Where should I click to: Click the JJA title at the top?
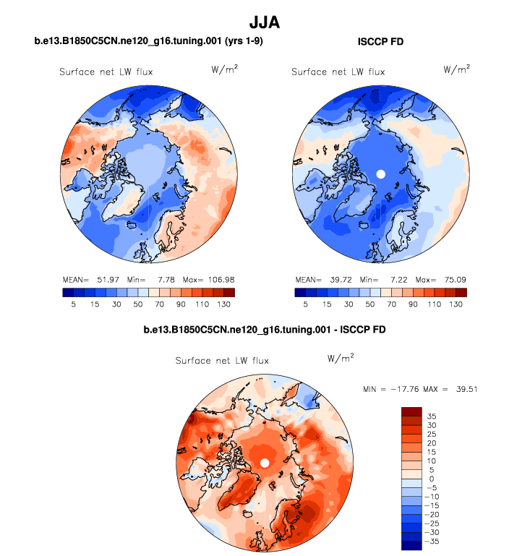[x=264, y=22]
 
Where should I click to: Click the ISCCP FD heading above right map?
[x=380, y=42]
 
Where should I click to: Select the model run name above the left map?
[x=148, y=42]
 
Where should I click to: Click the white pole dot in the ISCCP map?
[x=380, y=174]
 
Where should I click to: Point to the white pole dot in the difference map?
[x=265, y=463]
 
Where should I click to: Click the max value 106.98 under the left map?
[x=221, y=279]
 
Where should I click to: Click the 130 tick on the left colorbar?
[x=224, y=305]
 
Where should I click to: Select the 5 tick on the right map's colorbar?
[x=306, y=305]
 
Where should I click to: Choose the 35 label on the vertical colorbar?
[x=429, y=416]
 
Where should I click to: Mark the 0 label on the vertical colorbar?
[x=428, y=479]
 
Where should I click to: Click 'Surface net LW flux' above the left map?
[x=106, y=72]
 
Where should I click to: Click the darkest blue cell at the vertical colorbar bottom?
[x=411, y=545]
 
